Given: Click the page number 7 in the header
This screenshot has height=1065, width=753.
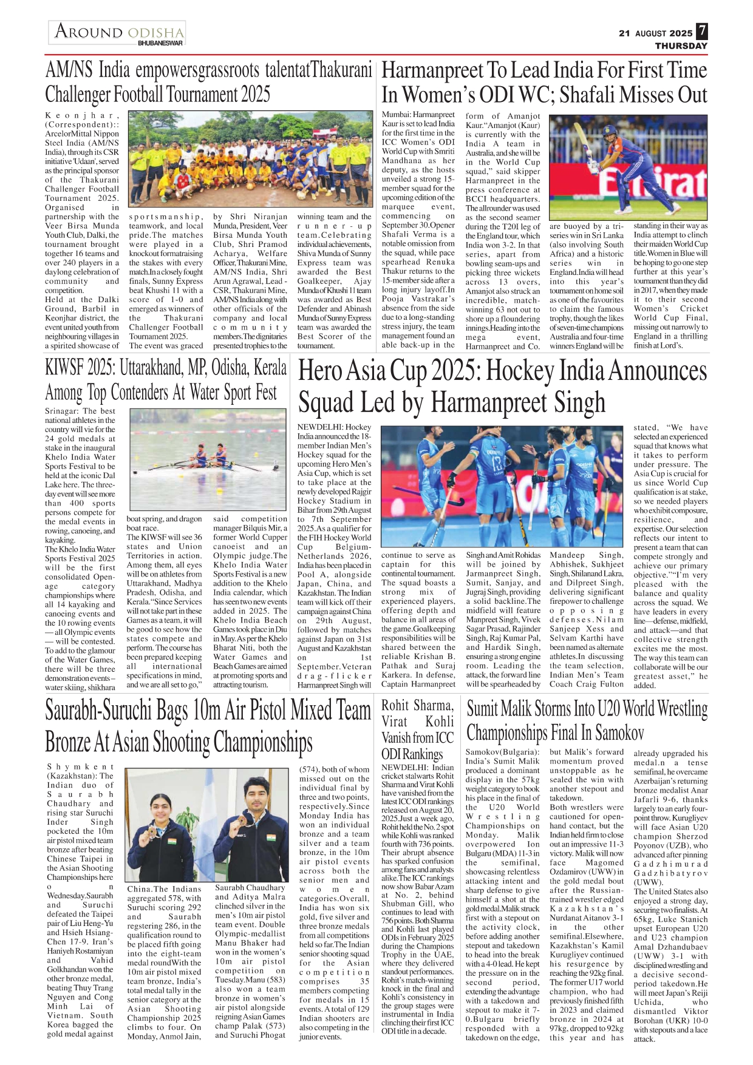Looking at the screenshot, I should (x=701, y=32).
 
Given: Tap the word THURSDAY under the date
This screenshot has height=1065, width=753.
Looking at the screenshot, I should (x=681, y=46).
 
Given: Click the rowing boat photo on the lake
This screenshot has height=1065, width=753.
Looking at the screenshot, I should (x=207, y=459).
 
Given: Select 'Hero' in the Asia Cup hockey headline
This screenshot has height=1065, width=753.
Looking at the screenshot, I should (x=322, y=371).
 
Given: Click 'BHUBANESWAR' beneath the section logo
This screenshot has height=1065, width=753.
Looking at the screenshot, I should (x=160, y=43).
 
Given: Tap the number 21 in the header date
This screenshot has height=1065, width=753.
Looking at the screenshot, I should (x=624, y=33).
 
